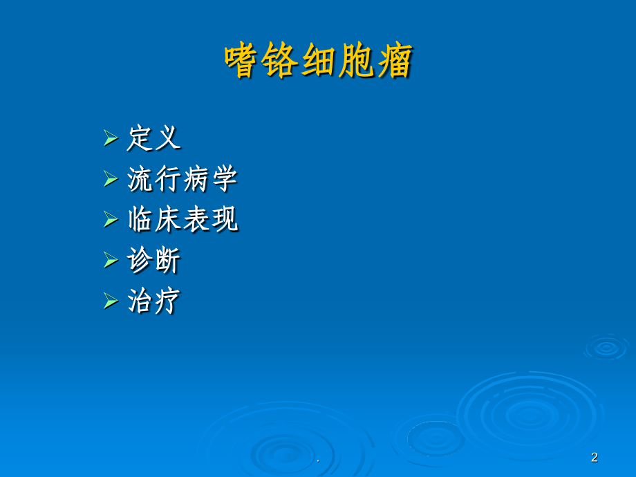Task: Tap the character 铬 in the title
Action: coord(281,61)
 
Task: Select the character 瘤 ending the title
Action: coord(395,61)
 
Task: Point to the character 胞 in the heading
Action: coord(357,61)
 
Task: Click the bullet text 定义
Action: coord(153,138)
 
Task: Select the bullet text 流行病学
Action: coord(183,179)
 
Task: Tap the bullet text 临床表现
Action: coord(183,220)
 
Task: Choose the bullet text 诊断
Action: coord(153,261)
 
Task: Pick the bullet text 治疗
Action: coord(153,301)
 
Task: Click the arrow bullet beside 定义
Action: coord(111,138)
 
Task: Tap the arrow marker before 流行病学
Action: coord(111,179)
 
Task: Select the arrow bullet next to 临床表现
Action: coord(111,220)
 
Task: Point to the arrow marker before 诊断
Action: coord(111,261)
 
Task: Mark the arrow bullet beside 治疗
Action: coord(111,301)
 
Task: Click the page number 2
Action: coord(595,457)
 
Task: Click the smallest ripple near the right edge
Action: coord(606,348)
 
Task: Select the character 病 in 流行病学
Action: coord(196,179)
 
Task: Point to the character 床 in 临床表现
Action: coord(169,220)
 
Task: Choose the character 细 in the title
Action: coord(319,61)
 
